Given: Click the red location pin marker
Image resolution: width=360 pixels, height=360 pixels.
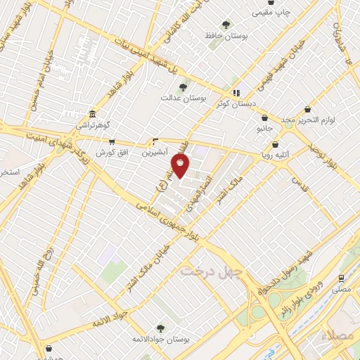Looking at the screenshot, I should tap(181, 167).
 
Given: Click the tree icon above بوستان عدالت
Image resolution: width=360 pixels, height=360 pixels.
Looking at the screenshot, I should tap(184, 88).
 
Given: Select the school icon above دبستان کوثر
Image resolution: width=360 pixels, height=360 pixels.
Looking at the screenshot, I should tap(237, 92).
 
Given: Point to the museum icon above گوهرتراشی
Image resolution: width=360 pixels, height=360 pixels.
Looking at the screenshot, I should tap(93, 115).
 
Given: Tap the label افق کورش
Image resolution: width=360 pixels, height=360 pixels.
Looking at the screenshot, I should tap(105, 152).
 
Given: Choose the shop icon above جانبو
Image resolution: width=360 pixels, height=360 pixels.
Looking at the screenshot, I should tap(264, 117).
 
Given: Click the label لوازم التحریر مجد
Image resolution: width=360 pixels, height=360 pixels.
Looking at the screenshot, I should tap(310, 120).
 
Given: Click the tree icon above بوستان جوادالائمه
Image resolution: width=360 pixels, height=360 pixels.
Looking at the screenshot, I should tap(160, 328).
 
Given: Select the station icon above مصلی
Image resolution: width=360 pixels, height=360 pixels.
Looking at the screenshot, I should tap(342, 278).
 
